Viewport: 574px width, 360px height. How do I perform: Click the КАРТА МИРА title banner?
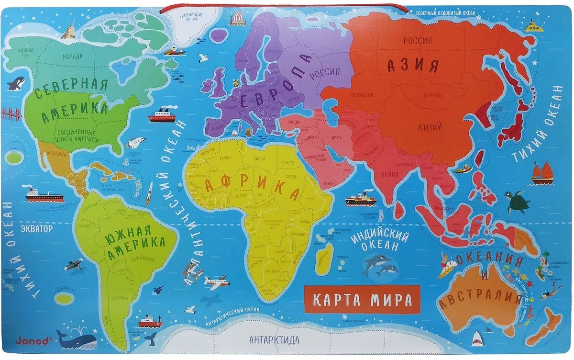click(x=362, y=300)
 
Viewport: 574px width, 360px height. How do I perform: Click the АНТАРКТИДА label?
click(x=274, y=340)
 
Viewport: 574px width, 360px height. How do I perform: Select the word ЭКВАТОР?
click(x=36, y=229)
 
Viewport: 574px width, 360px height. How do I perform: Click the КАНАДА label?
click(x=72, y=56)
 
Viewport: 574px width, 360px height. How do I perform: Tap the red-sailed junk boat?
click(x=541, y=173)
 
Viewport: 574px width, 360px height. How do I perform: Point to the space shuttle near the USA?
click(x=136, y=142)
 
